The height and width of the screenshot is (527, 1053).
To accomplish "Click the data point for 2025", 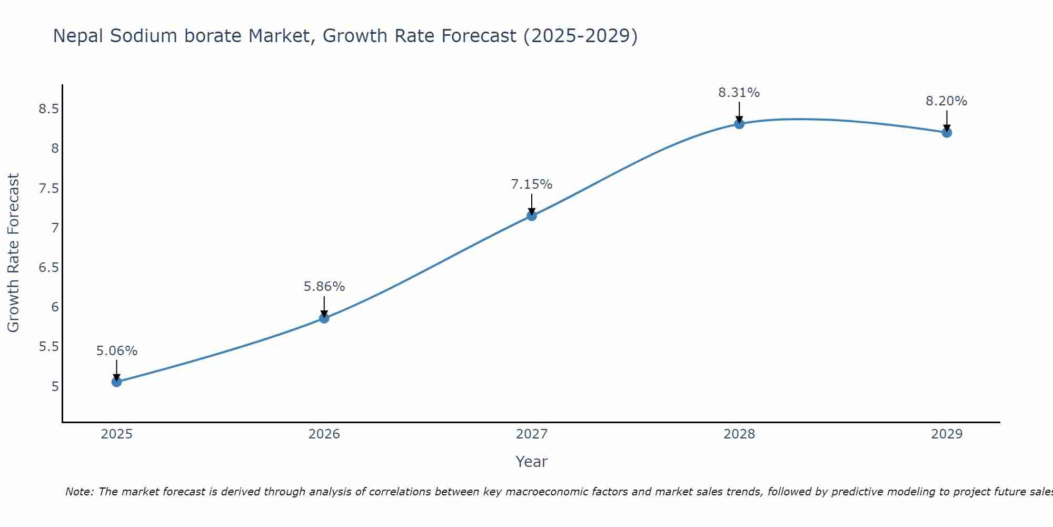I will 116,382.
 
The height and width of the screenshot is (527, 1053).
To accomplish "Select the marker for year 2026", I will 324,318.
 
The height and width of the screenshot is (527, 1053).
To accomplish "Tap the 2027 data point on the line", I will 531,216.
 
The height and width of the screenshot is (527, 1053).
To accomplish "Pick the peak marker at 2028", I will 739,124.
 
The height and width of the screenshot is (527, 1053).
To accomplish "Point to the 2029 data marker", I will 946,132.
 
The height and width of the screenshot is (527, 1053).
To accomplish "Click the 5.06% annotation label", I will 116,351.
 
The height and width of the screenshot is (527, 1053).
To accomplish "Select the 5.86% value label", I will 324,287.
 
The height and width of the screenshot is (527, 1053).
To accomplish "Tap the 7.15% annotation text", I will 531,184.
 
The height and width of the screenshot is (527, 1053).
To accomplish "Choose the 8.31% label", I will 739,93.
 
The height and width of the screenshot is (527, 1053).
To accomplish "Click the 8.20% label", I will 946,101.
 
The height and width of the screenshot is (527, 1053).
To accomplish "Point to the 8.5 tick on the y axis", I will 48,109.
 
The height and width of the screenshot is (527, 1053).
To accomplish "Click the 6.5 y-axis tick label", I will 48,268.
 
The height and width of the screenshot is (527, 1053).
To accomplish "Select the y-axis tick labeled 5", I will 55,386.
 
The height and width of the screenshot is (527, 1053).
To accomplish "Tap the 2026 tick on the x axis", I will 324,434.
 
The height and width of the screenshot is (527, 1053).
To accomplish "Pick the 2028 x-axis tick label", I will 739,434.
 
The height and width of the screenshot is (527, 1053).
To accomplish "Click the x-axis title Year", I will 531,462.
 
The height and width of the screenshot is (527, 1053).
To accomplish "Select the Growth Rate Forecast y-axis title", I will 13,253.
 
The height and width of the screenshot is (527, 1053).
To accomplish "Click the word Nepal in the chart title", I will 78,36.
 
